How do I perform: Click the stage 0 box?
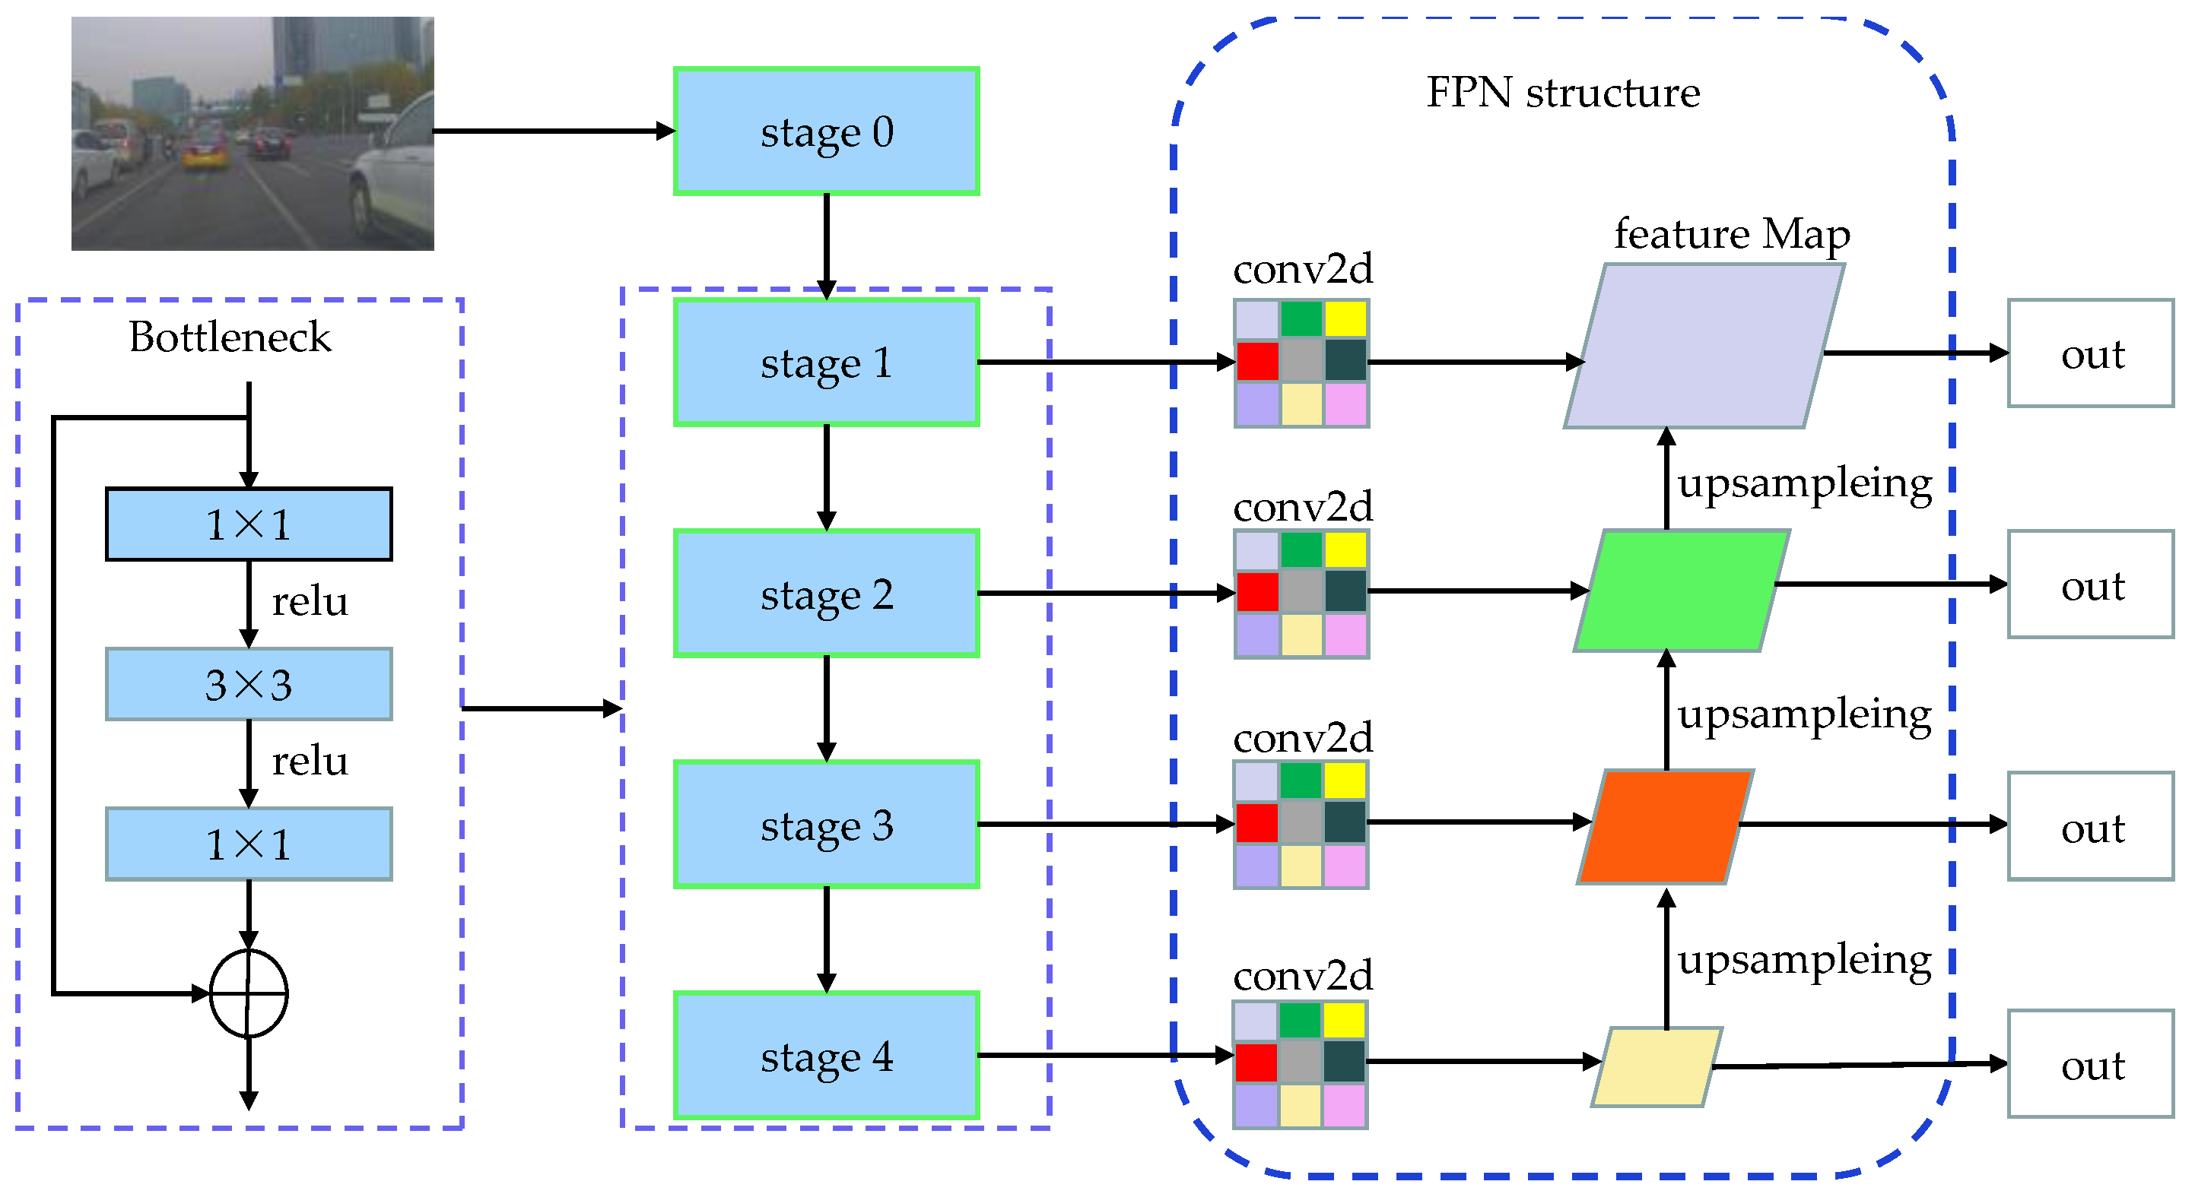826,132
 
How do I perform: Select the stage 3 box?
826,825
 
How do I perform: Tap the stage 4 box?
826,1056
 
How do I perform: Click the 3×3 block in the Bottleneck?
249,685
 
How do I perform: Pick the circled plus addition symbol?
249,993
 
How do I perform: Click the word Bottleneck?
229,337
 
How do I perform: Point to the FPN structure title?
1563,92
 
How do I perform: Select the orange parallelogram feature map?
1665,827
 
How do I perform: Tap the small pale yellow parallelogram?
1657,1066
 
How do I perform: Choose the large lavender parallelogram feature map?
1704,346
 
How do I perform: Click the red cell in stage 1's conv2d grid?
1257,361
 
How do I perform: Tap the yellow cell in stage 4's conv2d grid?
1345,1020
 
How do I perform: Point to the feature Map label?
1732,234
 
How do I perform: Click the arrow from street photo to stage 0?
554,131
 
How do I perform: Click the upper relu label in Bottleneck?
310,602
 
